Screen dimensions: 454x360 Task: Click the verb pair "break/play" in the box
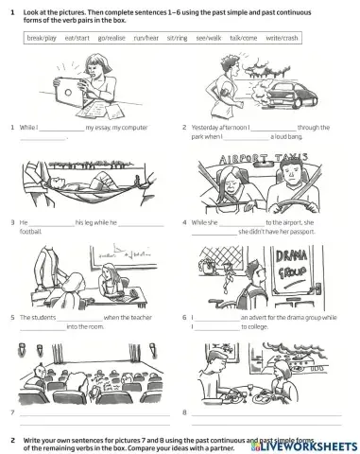tap(43, 37)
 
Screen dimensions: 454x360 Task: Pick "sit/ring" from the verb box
tap(175, 37)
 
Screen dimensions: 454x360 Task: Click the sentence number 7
tap(11, 412)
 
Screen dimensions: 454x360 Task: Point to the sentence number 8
tap(184, 412)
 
